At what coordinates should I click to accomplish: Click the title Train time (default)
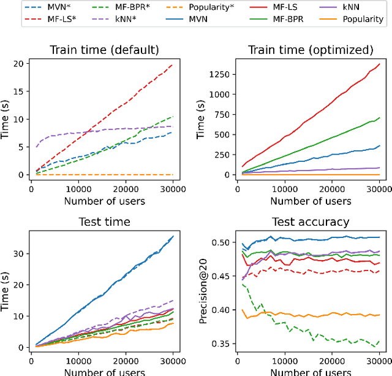[102, 50]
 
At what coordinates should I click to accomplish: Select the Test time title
[102, 222]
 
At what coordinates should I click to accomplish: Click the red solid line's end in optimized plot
[380, 63]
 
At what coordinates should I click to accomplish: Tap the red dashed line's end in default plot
[171, 64]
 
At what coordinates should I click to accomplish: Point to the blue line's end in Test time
[173, 236]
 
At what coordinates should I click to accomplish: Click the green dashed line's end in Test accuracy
[380, 341]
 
